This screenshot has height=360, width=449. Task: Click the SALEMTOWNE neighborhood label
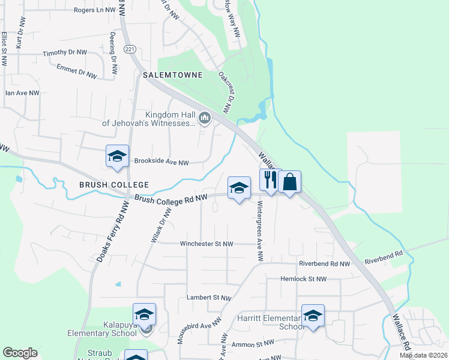point(173,75)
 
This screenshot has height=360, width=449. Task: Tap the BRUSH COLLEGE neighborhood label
point(113,185)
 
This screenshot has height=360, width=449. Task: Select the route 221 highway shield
point(128,49)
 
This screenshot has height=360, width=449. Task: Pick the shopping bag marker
point(289,181)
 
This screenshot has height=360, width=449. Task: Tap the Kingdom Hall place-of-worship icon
point(205,119)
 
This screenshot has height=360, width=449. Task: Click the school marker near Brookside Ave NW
point(117,157)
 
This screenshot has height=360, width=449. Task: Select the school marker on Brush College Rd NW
point(239,188)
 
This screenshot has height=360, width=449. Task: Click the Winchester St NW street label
point(206,244)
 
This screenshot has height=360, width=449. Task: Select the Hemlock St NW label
point(304,279)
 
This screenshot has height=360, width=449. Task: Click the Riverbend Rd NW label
point(324,263)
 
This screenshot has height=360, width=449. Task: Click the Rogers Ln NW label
point(94,10)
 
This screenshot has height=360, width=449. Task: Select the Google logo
point(20,353)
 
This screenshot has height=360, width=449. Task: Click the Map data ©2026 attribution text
point(423,355)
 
